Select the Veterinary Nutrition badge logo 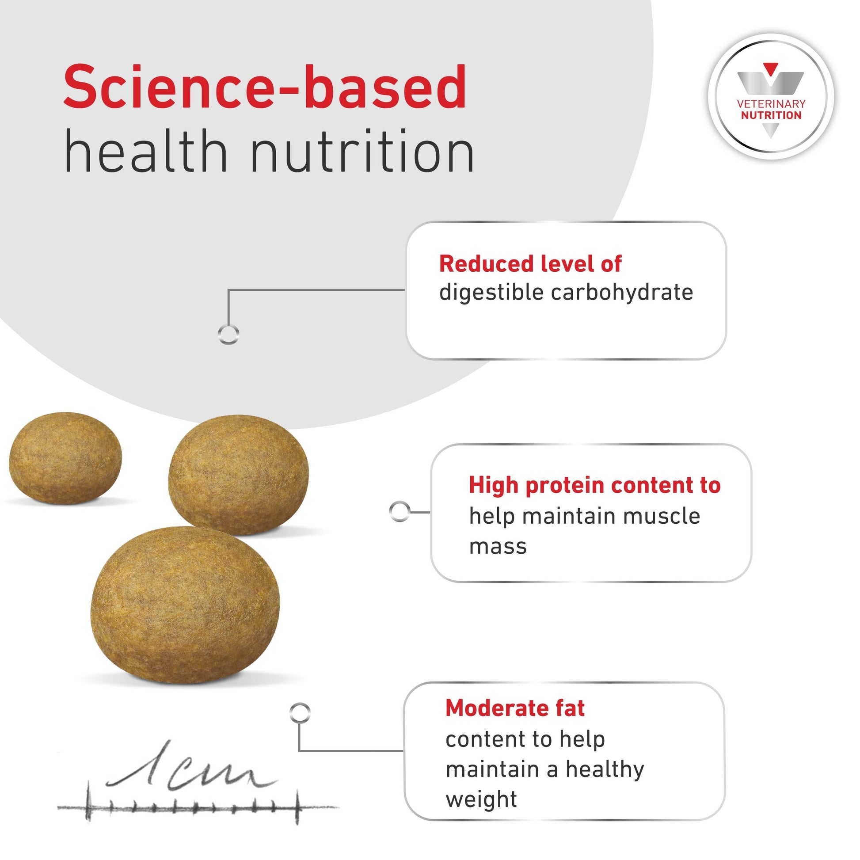pos(771,97)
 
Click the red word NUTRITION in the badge pos(771,115)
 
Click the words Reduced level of pos(530,264)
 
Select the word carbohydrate pos(622,293)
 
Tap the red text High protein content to pos(594,485)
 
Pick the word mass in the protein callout pos(498,547)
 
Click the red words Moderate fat pos(515,708)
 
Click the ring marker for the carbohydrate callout pos(229,334)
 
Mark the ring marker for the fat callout pos(300,713)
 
